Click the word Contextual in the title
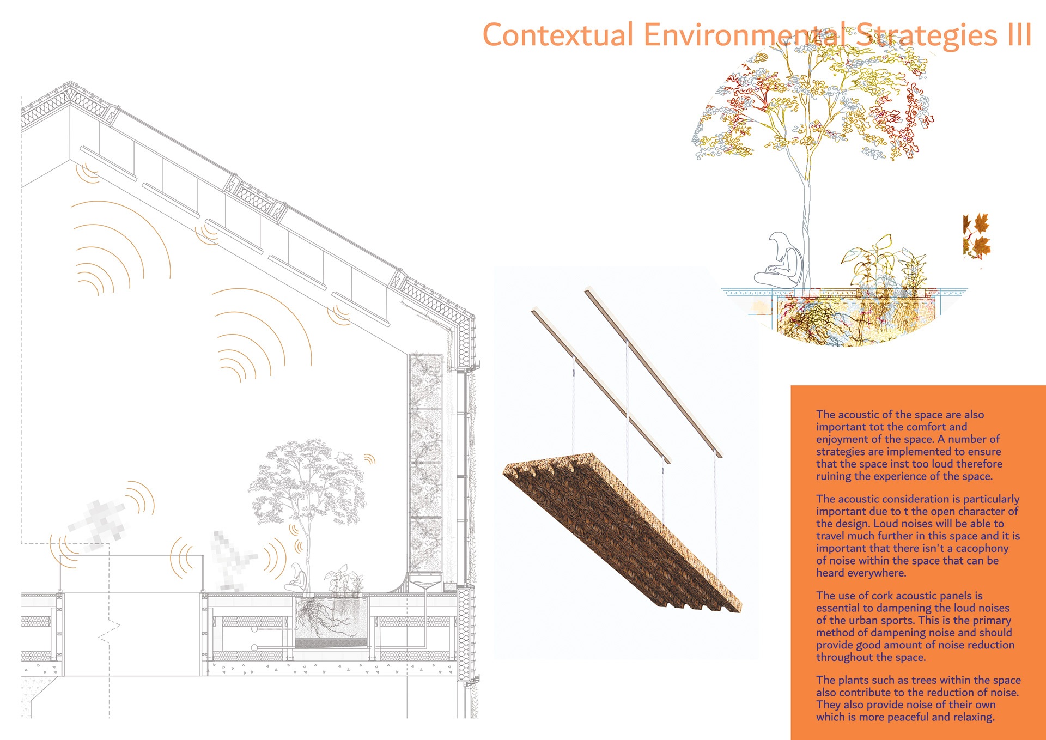558,35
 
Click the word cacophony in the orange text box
977,548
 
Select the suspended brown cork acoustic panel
621,534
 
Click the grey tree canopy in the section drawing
308,480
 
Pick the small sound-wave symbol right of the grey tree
370,459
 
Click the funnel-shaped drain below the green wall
425,585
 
